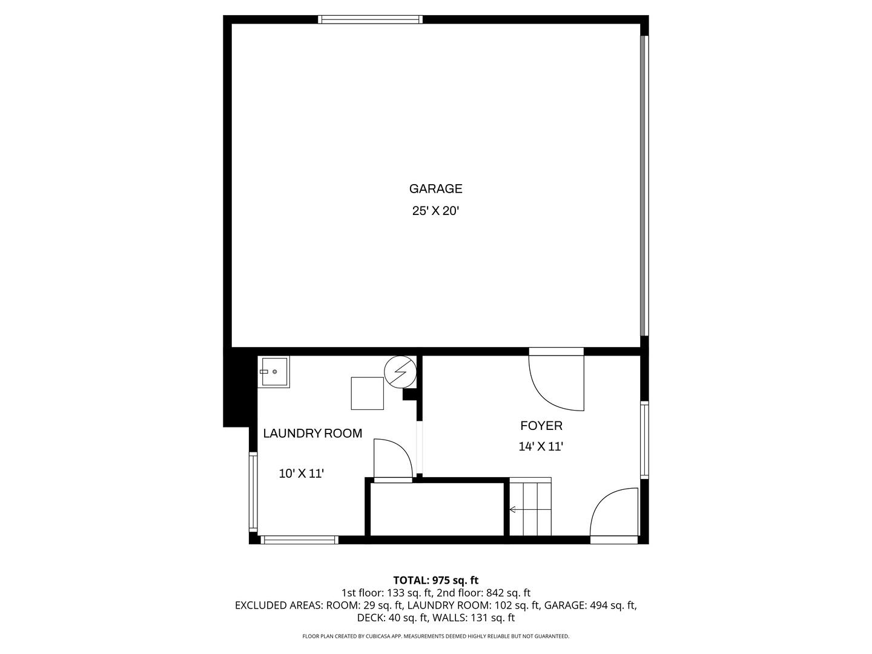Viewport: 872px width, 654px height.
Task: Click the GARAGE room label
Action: point(435,188)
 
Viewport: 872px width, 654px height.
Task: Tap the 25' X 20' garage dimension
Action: point(435,211)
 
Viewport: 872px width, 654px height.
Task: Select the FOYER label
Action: point(541,426)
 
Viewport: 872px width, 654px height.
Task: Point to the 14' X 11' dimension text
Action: point(541,447)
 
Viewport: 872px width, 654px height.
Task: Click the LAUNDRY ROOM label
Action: point(312,433)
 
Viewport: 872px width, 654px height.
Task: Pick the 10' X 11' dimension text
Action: point(302,474)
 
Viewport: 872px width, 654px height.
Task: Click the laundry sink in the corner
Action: point(274,372)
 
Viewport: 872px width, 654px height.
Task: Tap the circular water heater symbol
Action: point(400,372)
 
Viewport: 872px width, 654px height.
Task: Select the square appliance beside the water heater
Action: point(367,394)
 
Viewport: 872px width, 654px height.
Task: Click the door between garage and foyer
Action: point(556,381)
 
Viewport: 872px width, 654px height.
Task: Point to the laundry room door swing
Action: point(392,461)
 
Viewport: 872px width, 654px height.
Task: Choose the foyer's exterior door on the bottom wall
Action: point(614,515)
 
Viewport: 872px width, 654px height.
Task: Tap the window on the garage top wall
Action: point(370,19)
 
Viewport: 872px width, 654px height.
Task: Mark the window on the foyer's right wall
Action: point(644,440)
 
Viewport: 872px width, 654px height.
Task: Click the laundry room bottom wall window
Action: point(300,540)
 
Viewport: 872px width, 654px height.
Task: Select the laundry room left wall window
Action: point(253,492)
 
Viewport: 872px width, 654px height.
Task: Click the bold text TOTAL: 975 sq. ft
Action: point(436,580)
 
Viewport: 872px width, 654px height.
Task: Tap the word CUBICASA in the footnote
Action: point(380,636)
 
